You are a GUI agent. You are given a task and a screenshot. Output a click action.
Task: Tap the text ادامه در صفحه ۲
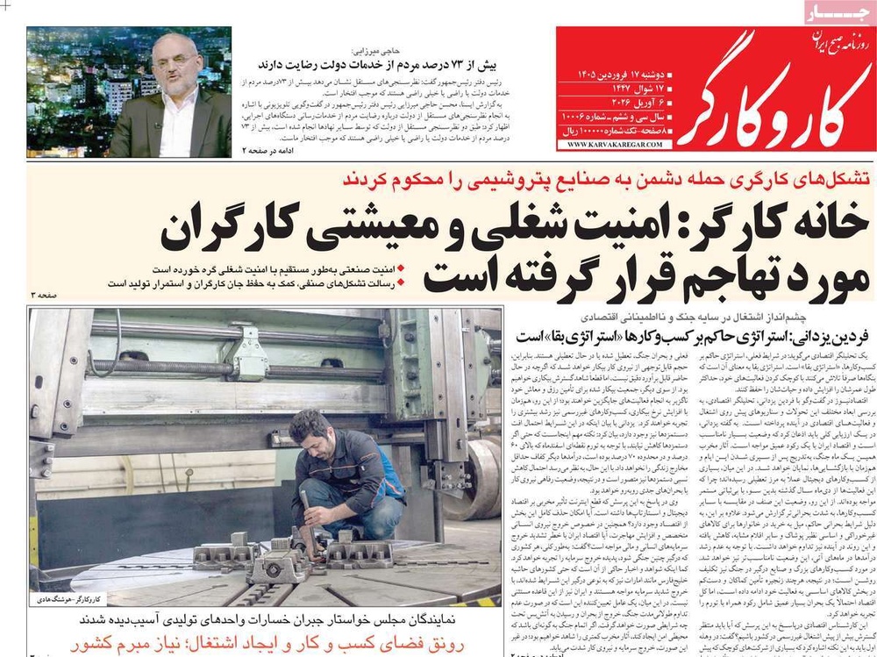[263, 150]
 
